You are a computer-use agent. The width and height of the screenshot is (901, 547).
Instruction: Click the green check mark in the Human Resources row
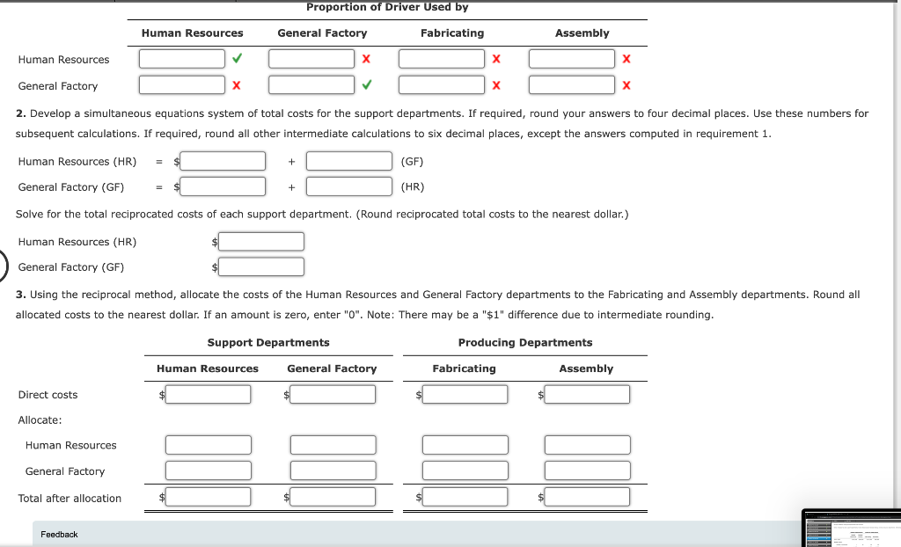[x=236, y=59]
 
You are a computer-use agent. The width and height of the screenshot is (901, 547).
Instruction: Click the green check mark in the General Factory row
[x=366, y=85]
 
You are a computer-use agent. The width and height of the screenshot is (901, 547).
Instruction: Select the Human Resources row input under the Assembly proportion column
[x=571, y=59]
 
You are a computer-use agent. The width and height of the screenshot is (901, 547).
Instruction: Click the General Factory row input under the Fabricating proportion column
[x=441, y=85]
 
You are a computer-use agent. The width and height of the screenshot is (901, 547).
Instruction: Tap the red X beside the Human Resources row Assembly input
[x=626, y=59]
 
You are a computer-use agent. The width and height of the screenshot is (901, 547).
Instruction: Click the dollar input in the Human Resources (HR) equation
[x=223, y=161]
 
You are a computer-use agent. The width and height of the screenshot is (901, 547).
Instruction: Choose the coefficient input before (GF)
[x=349, y=161]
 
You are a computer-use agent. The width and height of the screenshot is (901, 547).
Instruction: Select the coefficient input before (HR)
[x=349, y=186]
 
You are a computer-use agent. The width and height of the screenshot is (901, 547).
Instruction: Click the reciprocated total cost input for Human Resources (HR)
[x=261, y=241]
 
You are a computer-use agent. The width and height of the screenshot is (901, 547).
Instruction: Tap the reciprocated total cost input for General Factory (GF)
[x=261, y=266]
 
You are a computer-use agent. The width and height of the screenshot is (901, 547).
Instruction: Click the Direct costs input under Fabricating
[x=465, y=395]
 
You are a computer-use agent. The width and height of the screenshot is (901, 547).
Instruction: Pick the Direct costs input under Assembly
[x=587, y=395]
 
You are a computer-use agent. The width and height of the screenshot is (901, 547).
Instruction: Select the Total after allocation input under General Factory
[x=333, y=497]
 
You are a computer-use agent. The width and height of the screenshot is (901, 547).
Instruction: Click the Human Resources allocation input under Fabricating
[x=465, y=445]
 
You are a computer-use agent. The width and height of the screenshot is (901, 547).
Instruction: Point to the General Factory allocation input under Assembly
[x=587, y=470]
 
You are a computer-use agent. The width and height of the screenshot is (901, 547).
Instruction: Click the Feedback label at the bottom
[x=59, y=534]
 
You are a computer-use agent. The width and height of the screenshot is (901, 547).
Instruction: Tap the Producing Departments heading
[x=525, y=342]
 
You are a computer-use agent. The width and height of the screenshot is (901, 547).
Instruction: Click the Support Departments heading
[x=268, y=342]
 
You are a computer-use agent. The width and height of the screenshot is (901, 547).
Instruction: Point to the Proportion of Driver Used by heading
[x=387, y=7]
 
